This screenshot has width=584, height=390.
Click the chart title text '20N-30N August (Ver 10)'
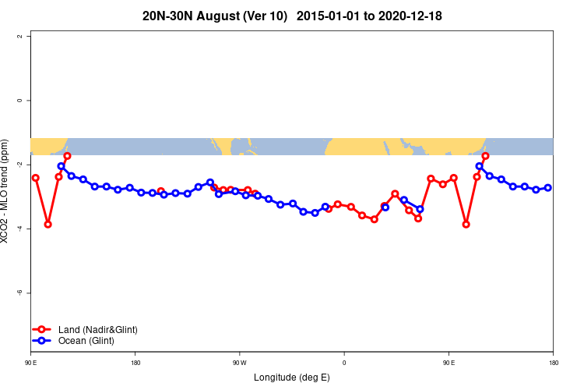pyautogui.click(x=215, y=16)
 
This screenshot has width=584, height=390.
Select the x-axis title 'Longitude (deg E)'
pyautogui.click(x=292, y=378)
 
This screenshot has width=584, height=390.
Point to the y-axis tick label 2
pyautogui.click(x=29, y=37)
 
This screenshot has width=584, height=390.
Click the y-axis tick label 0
pyautogui.click(x=29, y=101)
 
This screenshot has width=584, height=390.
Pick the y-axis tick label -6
pyautogui.click(x=29, y=292)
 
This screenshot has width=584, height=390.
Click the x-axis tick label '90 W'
pyautogui.click(x=239, y=363)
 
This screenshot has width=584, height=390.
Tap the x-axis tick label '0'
pyautogui.click(x=343, y=363)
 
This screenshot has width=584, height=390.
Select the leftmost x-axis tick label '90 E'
pyautogui.click(x=31, y=363)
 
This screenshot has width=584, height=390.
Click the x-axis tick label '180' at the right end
pyautogui.click(x=553, y=363)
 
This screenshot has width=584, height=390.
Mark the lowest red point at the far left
pyautogui.click(x=47, y=224)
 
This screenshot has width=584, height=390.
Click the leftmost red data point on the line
pyautogui.click(x=35, y=178)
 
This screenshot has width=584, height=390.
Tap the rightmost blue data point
pyautogui.click(x=548, y=187)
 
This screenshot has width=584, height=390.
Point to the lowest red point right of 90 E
pyautogui.click(x=466, y=224)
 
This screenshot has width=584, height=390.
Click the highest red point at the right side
pyautogui.click(x=485, y=156)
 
